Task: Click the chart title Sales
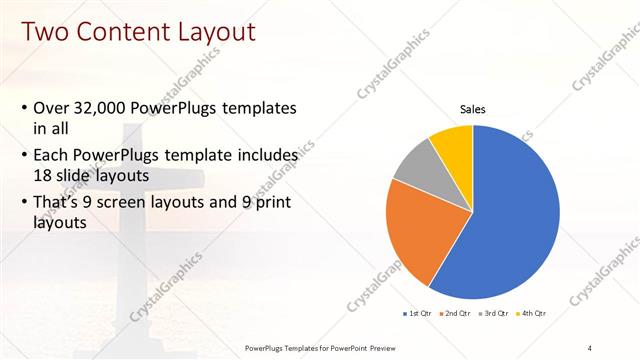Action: pos(473,109)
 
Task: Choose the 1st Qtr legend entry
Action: pos(419,313)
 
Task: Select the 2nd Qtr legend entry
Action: pos(457,313)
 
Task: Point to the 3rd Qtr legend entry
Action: pos(495,313)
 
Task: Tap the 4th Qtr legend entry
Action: pos(533,313)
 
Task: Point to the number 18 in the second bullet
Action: pos(44,174)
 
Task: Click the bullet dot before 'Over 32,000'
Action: pos(24,108)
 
